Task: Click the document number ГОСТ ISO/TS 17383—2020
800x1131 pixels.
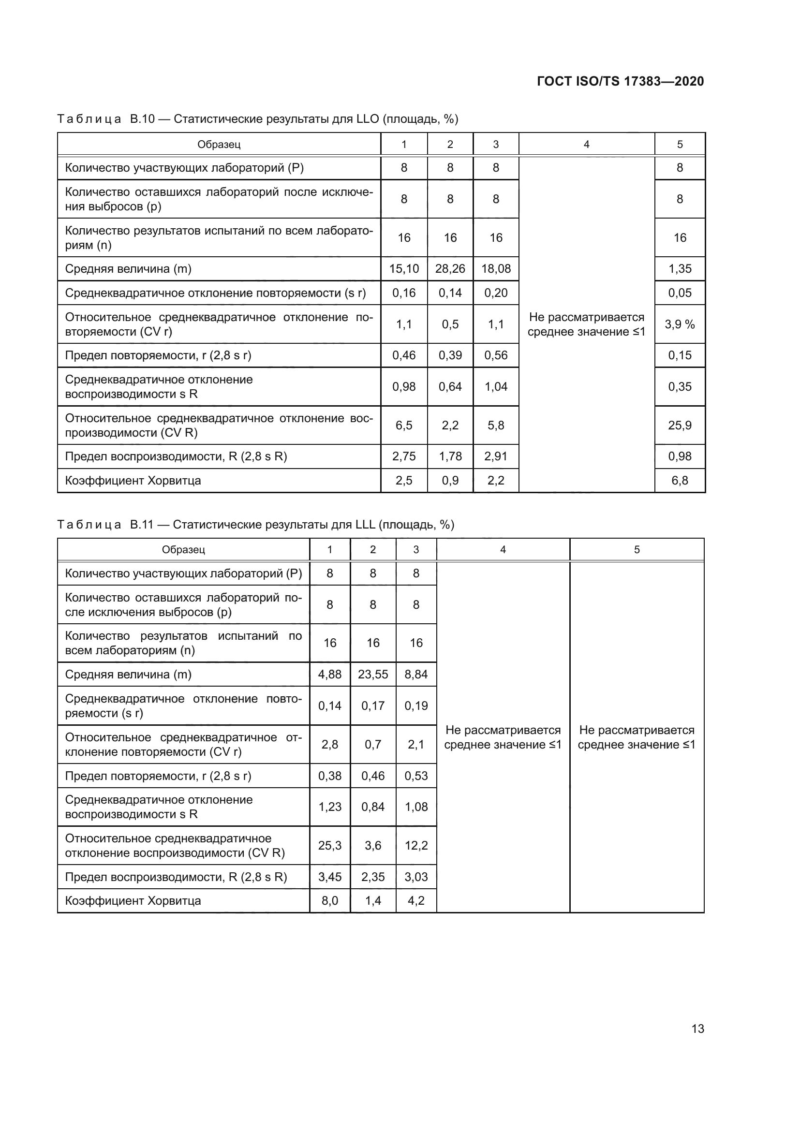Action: point(620,81)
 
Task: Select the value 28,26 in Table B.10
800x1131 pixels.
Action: point(450,269)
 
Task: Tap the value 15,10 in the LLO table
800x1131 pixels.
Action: point(404,269)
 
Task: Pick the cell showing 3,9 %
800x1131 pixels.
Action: point(679,324)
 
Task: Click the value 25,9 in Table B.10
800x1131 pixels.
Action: point(679,425)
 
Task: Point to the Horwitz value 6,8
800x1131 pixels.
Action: point(679,480)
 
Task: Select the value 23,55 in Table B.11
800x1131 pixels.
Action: point(373,675)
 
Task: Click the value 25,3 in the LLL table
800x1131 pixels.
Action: point(329,846)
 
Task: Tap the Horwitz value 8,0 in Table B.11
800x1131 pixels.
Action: point(329,901)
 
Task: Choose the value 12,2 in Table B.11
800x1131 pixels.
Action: point(416,846)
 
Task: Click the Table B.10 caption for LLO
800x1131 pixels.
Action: point(258,119)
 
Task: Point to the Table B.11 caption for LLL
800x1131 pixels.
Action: point(256,525)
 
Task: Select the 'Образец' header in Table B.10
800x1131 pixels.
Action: point(219,144)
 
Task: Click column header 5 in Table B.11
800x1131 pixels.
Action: point(637,550)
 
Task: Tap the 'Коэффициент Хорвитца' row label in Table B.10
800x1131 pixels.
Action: point(133,480)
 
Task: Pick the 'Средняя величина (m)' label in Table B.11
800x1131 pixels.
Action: point(128,675)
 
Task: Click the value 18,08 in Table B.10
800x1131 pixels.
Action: point(496,269)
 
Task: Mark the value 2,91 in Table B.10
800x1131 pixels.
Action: point(496,456)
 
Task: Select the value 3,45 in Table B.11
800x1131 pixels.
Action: point(329,877)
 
